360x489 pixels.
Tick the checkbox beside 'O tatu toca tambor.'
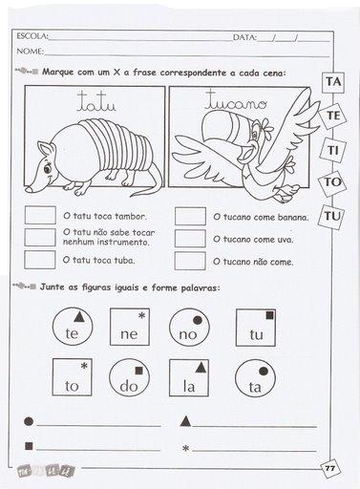40,215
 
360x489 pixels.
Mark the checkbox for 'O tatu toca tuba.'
40,260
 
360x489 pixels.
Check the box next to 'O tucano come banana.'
190,216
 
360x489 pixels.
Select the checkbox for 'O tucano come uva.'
190,239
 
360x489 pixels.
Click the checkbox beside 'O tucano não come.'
190,261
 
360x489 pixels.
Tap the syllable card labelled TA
333,82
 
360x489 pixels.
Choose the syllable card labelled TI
332,150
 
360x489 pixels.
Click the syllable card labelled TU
332,217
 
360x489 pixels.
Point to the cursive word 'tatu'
96,101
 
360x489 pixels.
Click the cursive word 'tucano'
235,100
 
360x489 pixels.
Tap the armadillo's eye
48,167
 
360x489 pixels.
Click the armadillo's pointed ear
44,149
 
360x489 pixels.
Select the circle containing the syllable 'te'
73,328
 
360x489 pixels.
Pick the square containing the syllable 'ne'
130,327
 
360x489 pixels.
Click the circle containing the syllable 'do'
129,377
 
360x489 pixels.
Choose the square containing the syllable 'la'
189,378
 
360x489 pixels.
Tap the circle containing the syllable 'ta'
255,378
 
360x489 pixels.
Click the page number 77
330,468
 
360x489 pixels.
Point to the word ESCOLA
32,36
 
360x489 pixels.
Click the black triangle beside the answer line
185,421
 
